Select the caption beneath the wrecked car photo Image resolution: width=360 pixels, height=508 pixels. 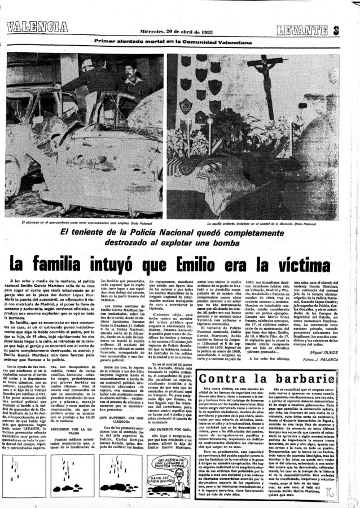click(x=83, y=224)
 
